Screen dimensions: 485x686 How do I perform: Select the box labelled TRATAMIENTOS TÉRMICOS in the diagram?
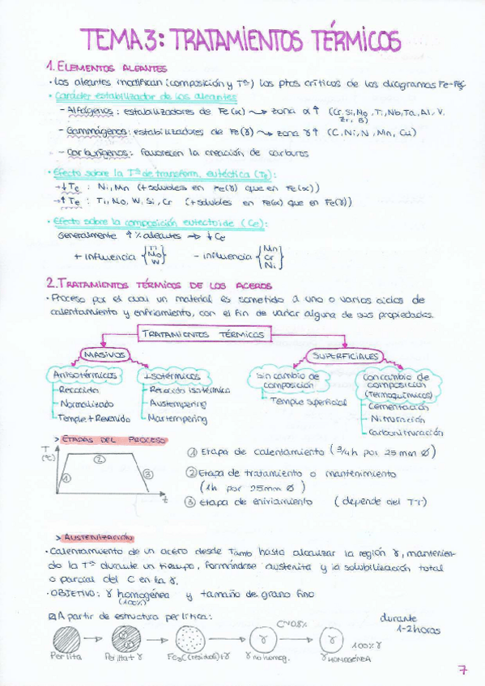tap(203, 333)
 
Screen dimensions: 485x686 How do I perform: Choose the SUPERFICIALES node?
tap(346, 356)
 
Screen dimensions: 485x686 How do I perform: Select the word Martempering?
tap(178, 418)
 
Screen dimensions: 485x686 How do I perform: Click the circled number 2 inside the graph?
tap(99, 459)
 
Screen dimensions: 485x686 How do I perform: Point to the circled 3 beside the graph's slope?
tap(147, 473)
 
